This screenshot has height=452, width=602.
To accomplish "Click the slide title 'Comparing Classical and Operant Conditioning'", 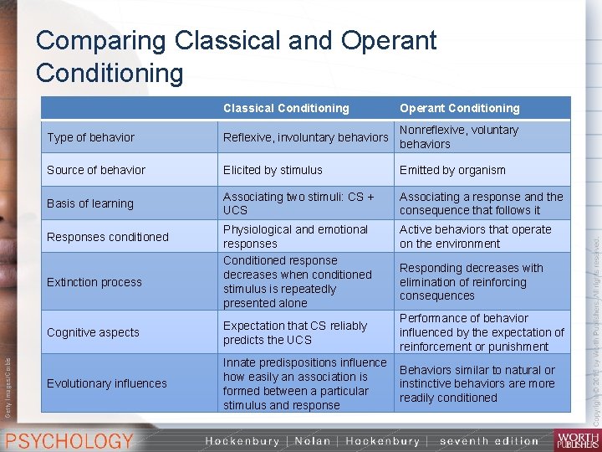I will click(236, 56).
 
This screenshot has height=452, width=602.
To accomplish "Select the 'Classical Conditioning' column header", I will click(286, 108).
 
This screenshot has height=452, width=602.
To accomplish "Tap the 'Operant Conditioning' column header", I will click(459, 108).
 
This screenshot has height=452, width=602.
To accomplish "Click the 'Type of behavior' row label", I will click(90, 137).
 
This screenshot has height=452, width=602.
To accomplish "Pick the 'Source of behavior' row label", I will click(96, 170).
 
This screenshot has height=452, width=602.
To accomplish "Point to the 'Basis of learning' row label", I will click(90, 203).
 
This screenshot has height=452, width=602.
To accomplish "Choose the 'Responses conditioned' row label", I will click(108, 237).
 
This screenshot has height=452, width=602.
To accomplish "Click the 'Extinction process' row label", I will click(94, 282).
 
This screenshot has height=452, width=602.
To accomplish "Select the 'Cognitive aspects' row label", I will click(93, 332).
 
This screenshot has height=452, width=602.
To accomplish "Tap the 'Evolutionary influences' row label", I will click(107, 383).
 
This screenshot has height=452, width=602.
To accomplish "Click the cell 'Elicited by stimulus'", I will click(273, 170).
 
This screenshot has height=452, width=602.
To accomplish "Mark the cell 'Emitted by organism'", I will click(452, 170).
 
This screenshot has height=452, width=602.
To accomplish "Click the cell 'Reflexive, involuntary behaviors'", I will click(305, 137).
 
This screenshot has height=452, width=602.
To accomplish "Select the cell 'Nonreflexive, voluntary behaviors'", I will click(459, 137).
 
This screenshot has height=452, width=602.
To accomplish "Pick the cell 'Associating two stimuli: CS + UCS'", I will click(298, 203).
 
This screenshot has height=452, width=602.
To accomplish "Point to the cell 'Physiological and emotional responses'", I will click(295, 237).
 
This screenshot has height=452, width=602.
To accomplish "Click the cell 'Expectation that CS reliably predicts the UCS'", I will click(295, 332).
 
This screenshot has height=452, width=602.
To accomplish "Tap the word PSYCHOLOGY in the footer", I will click(70, 440).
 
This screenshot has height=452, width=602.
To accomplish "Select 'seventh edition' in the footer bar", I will click(489, 441).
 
